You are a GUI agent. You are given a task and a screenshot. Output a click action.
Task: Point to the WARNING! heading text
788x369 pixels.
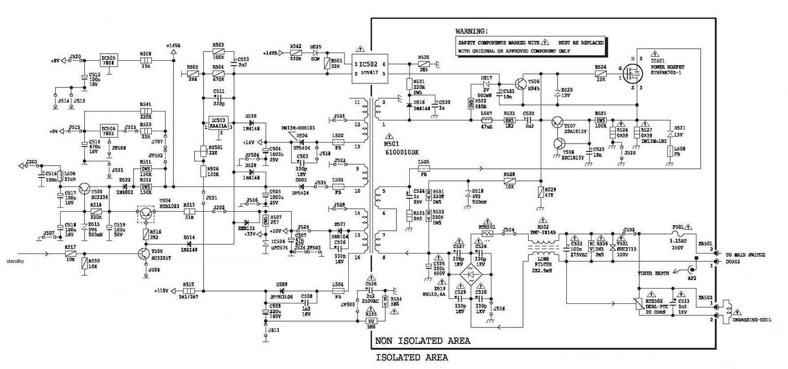472,31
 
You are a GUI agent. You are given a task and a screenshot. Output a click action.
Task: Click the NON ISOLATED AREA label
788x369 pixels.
423,341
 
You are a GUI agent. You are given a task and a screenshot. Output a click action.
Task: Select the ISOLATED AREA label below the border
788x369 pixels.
412,357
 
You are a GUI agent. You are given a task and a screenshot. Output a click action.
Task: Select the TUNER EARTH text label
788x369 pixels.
653,273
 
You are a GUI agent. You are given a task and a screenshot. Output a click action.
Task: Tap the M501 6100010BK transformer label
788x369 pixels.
401,148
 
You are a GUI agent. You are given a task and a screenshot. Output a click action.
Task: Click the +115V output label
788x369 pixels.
161,290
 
